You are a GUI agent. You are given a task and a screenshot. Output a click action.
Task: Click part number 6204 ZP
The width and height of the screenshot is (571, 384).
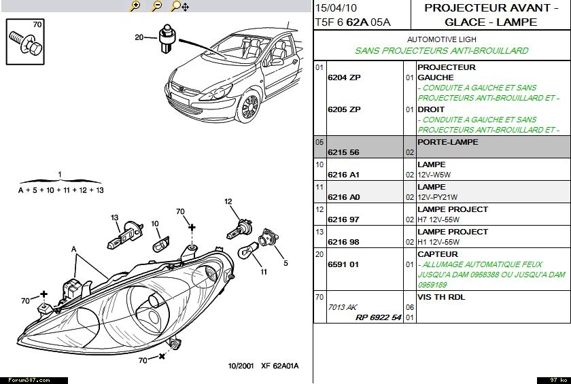(344, 77)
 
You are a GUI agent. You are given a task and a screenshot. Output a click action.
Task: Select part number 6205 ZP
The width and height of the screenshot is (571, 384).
(344, 109)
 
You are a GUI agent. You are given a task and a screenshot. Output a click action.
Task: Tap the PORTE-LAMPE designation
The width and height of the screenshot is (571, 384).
(447, 142)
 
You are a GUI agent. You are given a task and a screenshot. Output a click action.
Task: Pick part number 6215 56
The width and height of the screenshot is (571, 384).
(344, 153)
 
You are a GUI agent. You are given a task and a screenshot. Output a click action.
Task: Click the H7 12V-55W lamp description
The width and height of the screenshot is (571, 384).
(438, 220)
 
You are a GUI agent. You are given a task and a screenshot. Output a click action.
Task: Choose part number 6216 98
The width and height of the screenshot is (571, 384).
(344, 243)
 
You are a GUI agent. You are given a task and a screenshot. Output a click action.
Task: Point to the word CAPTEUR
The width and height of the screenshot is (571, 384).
(438, 254)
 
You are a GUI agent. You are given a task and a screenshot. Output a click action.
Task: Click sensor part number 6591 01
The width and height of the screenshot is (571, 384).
(344, 265)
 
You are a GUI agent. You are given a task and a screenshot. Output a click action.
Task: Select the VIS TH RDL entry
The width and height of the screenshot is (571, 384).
(441, 297)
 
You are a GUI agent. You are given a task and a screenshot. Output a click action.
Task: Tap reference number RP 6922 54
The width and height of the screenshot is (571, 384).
(378, 317)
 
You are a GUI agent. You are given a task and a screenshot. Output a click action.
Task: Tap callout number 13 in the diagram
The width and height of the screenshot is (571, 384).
(116, 217)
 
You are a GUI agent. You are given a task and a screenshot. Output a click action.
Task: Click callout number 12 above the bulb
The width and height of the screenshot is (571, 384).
(228, 201)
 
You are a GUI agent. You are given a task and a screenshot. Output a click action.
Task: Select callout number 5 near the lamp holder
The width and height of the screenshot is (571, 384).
(285, 263)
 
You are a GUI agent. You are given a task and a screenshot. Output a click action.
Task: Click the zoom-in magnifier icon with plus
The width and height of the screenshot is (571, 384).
(135, 6)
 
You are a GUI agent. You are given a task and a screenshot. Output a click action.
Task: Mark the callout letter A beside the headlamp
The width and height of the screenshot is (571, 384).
(73, 249)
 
